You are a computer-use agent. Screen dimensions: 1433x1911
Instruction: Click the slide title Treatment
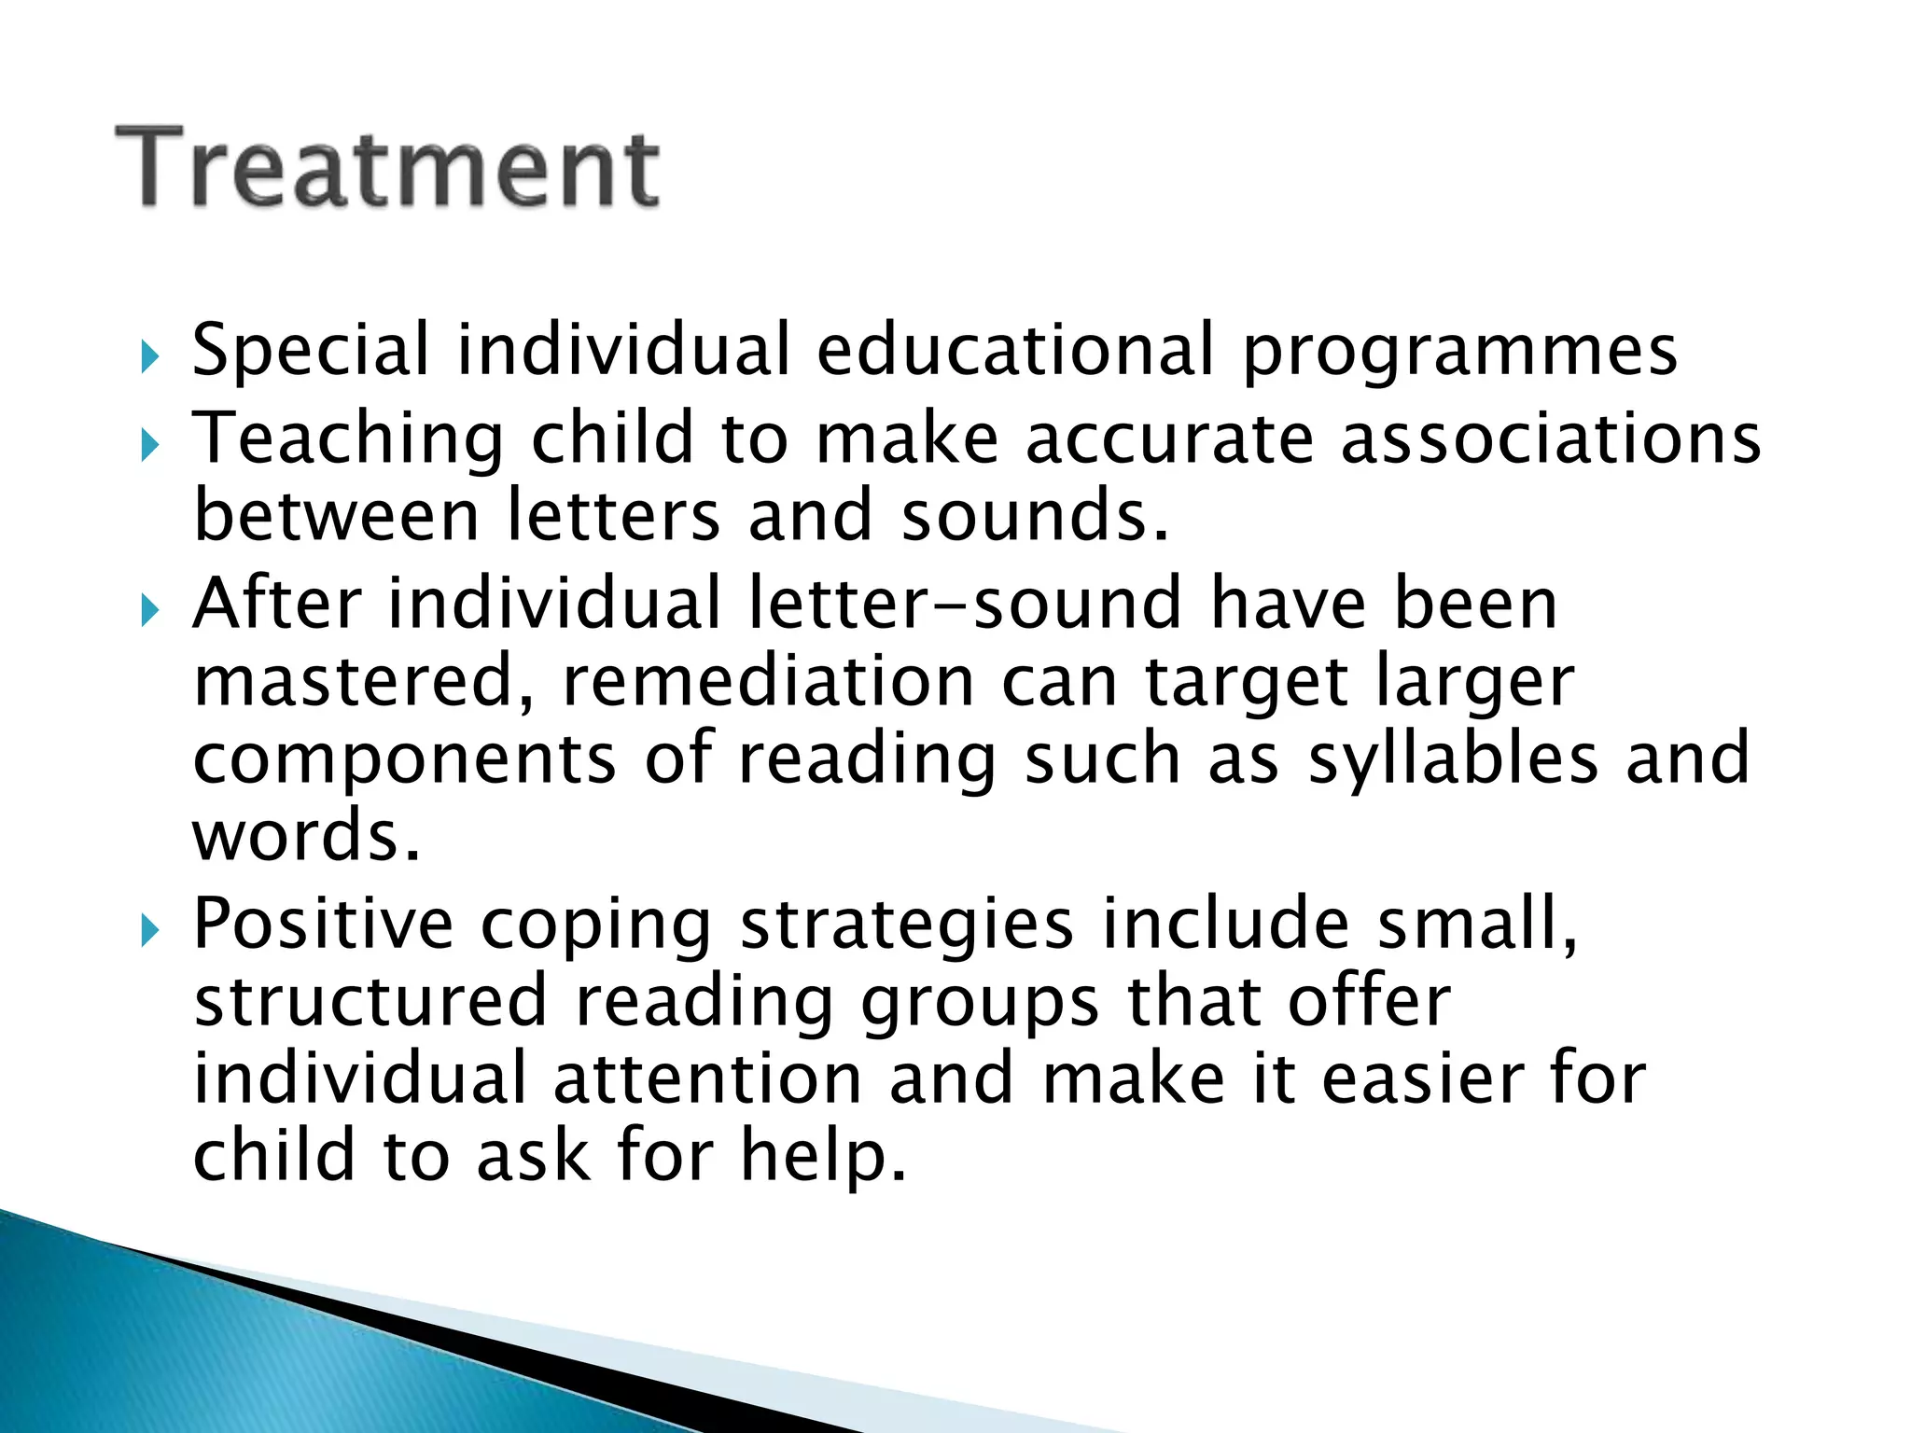pyautogui.click(x=387, y=168)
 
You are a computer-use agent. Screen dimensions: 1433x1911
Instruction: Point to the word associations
pyautogui.click(x=1551, y=438)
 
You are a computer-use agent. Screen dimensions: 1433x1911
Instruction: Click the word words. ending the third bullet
pyautogui.click(x=306, y=836)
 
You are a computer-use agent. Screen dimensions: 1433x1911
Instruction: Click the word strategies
pyautogui.click(x=906, y=925)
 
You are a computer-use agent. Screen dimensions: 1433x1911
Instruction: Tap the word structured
pyautogui.click(x=370, y=1001)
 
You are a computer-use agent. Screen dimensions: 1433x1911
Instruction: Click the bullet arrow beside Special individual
pyautogui.click(x=150, y=356)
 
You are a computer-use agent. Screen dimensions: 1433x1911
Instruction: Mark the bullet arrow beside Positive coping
pyautogui.click(x=150, y=929)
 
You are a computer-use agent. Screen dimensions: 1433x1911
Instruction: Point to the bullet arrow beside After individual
pyautogui.click(x=150, y=610)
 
